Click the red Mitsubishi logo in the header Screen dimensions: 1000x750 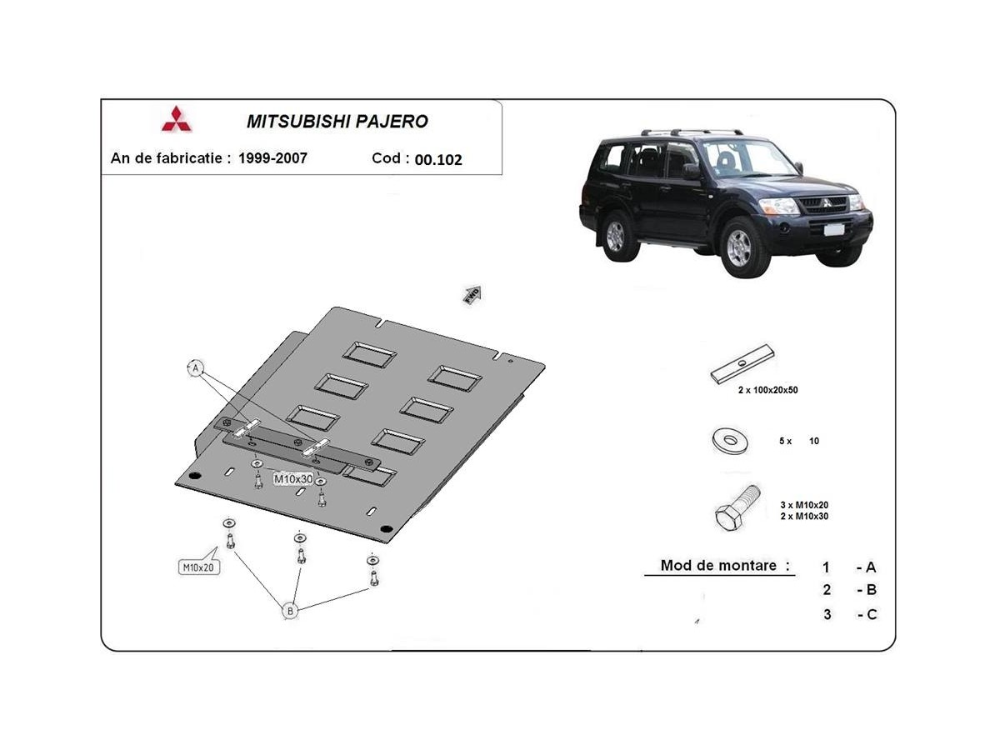[x=177, y=119]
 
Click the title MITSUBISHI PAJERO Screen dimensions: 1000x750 [x=337, y=122]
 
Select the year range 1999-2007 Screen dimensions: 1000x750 [x=272, y=158]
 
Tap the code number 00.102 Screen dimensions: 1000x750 [x=438, y=159]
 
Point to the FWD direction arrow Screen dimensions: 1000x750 [x=472, y=295]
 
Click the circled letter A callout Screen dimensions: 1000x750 [x=196, y=368]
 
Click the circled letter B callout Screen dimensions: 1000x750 [x=290, y=611]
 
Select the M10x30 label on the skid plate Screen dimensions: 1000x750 [x=293, y=479]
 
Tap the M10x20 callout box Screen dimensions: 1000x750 [x=198, y=567]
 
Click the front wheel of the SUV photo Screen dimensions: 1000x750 [x=739, y=248]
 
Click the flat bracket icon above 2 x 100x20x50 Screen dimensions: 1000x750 [x=742, y=364]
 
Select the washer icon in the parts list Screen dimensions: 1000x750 [x=729, y=440]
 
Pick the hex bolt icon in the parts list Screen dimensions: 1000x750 [x=737, y=508]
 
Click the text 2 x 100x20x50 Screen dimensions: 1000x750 [x=767, y=390]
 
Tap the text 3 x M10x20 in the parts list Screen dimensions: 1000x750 [x=804, y=505]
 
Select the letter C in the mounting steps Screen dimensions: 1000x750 [x=872, y=615]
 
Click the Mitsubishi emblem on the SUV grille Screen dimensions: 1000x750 [x=826, y=202]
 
